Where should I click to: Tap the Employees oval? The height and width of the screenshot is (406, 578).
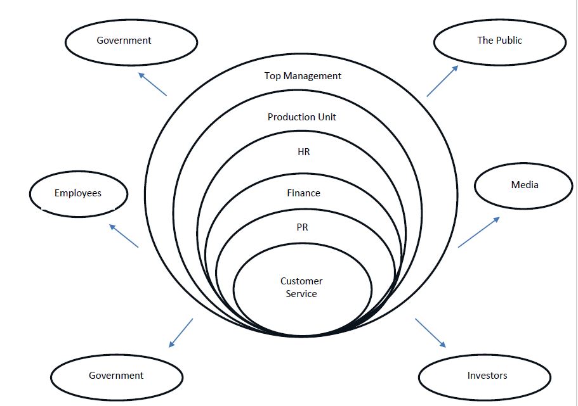(x=79, y=193)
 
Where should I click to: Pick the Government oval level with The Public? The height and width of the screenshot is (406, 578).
(x=131, y=41)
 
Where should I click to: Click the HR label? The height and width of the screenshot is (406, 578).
(x=303, y=153)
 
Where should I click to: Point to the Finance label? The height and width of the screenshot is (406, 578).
(x=303, y=193)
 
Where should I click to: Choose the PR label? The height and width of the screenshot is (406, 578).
(x=302, y=227)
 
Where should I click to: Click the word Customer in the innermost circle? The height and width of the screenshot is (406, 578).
(x=301, y=281)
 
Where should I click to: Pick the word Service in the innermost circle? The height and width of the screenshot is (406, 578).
(x=301, y=294)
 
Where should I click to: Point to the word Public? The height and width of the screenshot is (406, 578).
(x=509, y=41)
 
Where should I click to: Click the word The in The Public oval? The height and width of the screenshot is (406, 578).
(x=485, y=41)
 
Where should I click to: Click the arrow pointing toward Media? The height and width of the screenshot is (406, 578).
(x=478, y=232)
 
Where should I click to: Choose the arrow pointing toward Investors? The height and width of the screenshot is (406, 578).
(x=431, y=333)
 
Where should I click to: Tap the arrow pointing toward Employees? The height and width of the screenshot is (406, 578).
(x=124, y=235)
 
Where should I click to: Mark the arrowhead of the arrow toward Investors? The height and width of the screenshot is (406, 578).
(x=443, y=345)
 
